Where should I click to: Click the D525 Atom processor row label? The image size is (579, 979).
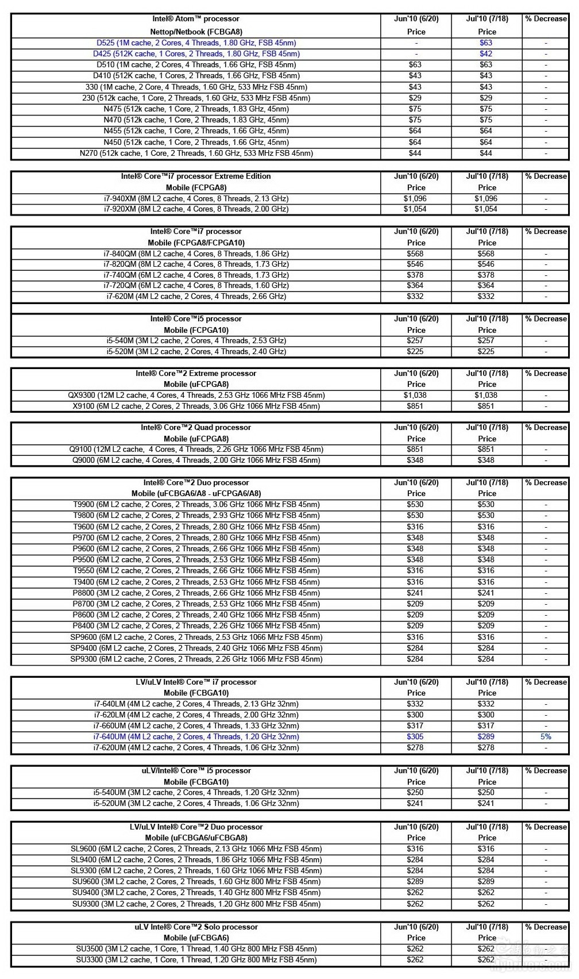click(x=196, y=43)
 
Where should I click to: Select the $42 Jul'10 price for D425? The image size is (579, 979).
click(x=486, y=53)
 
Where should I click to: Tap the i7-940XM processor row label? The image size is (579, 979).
click(x=196, y=198)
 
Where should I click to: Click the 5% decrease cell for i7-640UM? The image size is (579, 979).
click(x=545, y=736)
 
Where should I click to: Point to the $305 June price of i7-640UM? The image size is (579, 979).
click(x=415, y=736)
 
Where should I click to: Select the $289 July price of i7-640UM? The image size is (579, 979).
click(x=486, y=736)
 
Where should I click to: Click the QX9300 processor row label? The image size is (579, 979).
click(x=196, y=395)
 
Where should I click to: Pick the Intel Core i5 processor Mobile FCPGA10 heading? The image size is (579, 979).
click(x=196, y=324)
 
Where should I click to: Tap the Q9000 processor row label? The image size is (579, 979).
click(x=196, y=460)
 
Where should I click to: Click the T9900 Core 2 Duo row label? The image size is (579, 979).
click(x=196, y=504)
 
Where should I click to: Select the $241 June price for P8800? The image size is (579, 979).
click(x=415, y=593)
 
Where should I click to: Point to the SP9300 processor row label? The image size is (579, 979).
click(x=196, y=659)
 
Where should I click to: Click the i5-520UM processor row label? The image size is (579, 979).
click(x=196, y=803)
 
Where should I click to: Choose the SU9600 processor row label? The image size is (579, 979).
click(x=196, y=881)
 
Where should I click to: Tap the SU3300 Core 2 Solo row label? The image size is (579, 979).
click(x=196, y=959)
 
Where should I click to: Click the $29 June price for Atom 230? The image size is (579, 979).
click(x=415, y=98)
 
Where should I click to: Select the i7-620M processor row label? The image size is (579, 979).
click(x=196, y=296)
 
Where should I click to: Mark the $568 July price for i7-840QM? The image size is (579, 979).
click(x=486, y=254)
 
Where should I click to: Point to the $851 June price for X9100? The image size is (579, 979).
click(x=415, y=406)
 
